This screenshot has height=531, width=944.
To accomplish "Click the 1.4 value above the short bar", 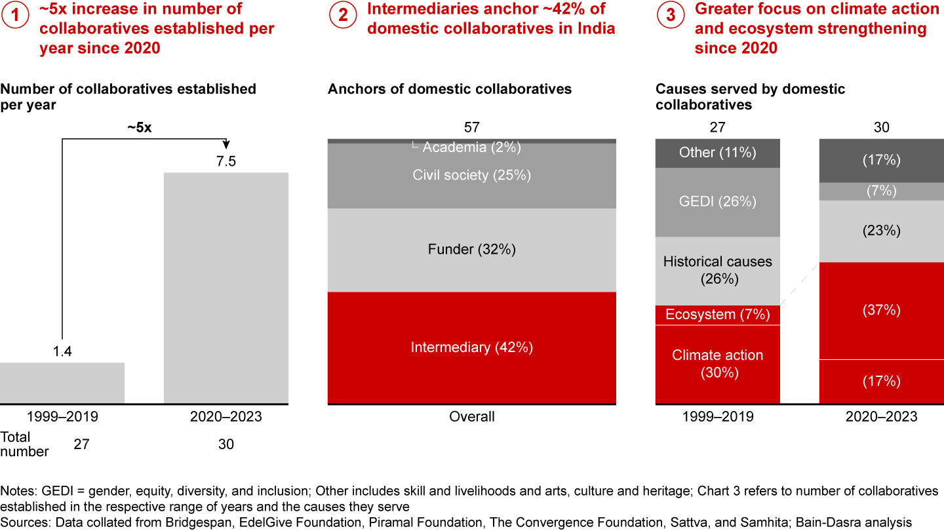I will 62,352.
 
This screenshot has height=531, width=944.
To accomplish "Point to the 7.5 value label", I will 226,161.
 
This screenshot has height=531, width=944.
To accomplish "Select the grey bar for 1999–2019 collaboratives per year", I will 62,383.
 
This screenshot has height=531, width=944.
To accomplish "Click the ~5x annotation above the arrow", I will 139,128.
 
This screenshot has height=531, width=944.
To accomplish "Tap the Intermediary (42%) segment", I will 471,347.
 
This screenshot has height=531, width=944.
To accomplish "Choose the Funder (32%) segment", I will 471,249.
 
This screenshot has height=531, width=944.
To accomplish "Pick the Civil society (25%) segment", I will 471,175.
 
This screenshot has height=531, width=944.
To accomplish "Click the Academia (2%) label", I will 471,147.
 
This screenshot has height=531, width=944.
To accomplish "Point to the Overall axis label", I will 471,417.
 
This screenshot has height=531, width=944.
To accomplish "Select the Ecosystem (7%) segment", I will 717,315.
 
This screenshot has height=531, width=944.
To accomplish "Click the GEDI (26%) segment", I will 717,202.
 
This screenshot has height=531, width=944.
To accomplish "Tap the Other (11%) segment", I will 717,153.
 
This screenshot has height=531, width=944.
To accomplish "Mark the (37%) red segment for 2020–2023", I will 881,310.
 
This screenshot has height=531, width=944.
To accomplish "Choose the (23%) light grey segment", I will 881,231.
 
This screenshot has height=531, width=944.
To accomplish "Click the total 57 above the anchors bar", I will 471,127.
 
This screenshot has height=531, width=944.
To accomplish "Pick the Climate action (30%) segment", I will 717,364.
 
